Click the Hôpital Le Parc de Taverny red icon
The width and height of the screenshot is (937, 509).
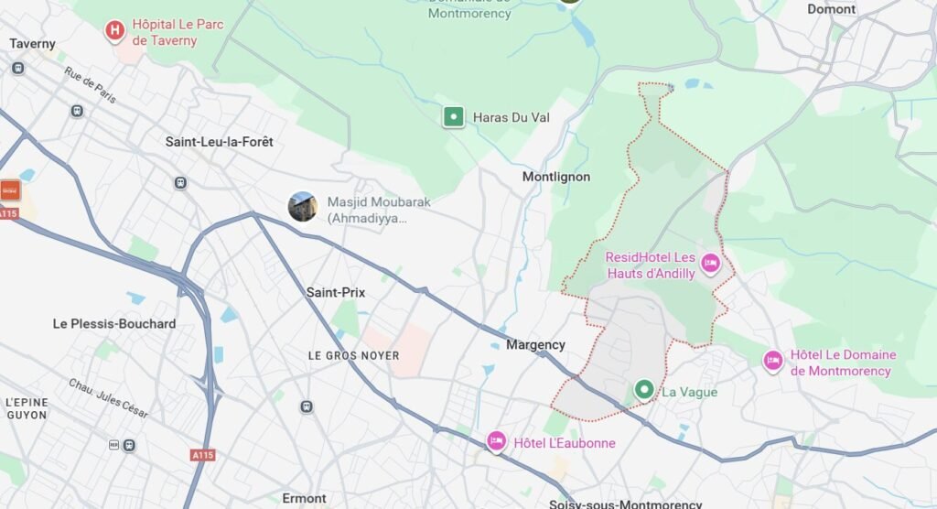[x=114, y=31]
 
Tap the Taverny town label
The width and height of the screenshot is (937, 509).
[x=32, y=44]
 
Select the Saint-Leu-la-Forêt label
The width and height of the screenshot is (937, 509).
[x=219, y=142]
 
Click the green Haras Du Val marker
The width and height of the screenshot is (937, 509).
[x=453, y=117]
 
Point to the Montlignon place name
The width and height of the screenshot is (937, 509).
[x=556, y=177]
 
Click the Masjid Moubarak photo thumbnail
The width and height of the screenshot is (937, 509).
[x=303, y=207]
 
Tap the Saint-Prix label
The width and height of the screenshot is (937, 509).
[x=335, y=293]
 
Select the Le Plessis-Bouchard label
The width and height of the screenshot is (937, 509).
[x=114, y=324]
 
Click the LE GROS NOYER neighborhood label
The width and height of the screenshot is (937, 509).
[x=353, y=355]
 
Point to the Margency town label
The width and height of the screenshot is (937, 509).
[x=535, y=345]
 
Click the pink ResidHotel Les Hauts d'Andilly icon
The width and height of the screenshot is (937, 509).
[x=709, y=265]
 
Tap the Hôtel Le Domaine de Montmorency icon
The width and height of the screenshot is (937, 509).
[x=773, y=362]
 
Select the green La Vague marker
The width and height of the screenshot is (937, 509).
[x=644, y=392]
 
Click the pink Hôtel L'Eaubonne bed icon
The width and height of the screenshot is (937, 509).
[x=497, y=442]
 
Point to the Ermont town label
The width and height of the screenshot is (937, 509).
[x=304, y=499]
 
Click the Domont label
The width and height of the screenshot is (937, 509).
[x=831, y=9]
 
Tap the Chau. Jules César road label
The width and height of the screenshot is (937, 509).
[x=108, y=399]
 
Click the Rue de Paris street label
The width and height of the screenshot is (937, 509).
[x=90, y=85]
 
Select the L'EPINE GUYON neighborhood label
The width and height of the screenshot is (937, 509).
[x=26, y=408]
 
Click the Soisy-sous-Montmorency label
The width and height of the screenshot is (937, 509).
[x=625, y=504]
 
